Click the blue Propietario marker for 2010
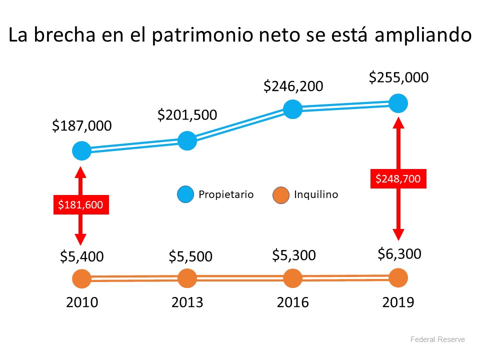(x=81, y=150)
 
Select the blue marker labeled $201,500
(x=187, y=140)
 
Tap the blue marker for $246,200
(x=292, y=109)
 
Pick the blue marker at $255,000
(x=398, y=103)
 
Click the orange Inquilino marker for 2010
(x=81, y=279)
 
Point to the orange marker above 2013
(x=187, y=278)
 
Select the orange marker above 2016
(x=292, y=278)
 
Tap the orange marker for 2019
(x=398, y=277)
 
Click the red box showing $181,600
(x=81, y=204)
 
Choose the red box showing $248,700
(x=398, y=178)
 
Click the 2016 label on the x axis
(x=292, y=302)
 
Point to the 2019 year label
(x=398, y=302)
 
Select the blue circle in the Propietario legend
(x=185, y=194)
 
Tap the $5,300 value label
(x=294, y=255)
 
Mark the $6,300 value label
(x=399, y=254)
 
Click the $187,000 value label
(x=82, y=126)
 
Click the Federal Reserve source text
(x=437, y=339)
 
